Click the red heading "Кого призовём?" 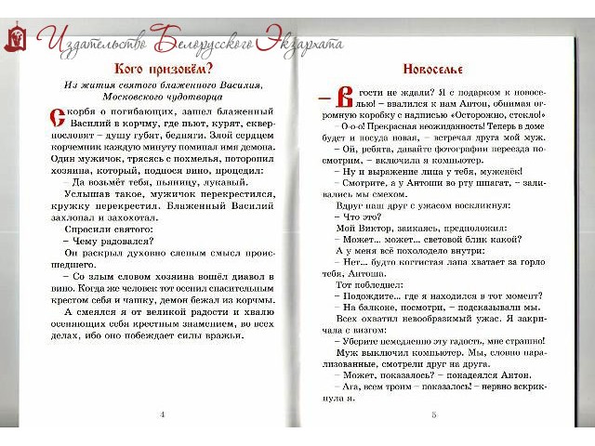[x=163, y=69]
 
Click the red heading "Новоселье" [x=432, y=69]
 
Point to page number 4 [x=163, y=413]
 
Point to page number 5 [x=433, y=413]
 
